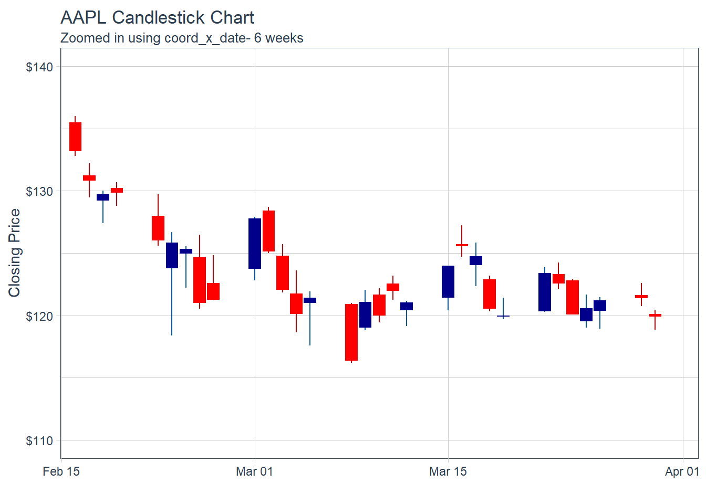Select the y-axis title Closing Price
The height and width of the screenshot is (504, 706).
click(x=14, y=253)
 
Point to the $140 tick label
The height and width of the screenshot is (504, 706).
click(x=39, y=67)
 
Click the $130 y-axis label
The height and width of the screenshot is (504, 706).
click(x=39, y=192)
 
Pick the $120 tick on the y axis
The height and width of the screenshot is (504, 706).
click(x=39, y=317)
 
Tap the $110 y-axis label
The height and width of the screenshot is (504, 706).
click(x=39, y=441)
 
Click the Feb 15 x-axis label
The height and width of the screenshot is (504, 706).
click(x=61, y=471)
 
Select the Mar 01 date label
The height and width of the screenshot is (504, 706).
click(x=255, y=471)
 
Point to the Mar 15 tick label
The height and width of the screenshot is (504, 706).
click(x=448, y=471)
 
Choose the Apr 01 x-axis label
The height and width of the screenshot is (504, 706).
click(x=682, y=471)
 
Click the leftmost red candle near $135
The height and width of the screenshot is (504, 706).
click(x=75, y=136)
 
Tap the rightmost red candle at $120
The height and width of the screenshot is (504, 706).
click(x=655, y=315)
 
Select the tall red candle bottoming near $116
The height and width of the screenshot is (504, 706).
click(x=351, y=332)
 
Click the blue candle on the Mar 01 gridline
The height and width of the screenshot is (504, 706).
click(x=255, y=243)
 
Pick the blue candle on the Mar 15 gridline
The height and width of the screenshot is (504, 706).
click(x=448, y=281)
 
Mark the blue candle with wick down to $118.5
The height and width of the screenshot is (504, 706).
click(x=172, y=255)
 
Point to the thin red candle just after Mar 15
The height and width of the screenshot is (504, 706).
click(x=462, y=245)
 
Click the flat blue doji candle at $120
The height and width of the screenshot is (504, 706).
click(x=503, y=316)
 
